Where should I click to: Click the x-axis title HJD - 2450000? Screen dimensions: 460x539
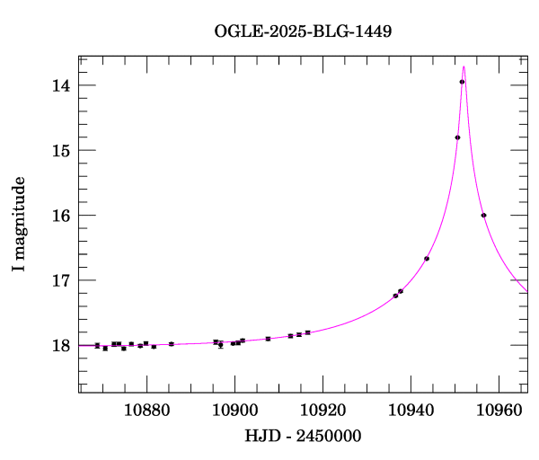pyautogui.click(x=303, y=436)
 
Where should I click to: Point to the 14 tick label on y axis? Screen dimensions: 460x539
pyautogui.click(x=62, y=86)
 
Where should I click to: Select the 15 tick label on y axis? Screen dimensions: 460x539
pyautogui.click(x=62, y=151)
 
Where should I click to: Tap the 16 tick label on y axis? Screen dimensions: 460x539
pyautogui.click(x=62, y=216)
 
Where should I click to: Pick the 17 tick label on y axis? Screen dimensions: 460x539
pyautogui.click(x=62, y=280)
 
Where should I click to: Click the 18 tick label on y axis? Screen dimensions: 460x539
pyautogui.click(x=62, y=346)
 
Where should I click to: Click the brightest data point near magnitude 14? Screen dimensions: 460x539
pyautogui.click(x=462, y=82)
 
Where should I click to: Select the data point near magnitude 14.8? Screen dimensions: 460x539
pyautogui.click(x=457, y=137)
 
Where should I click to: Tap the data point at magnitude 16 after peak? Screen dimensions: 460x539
pyautogui.click(x=483, y=216)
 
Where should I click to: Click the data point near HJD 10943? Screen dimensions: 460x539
pyautogui.click(x=427, y=259)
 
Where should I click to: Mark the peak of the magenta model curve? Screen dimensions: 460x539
pyautogui.click(x=464, y=66)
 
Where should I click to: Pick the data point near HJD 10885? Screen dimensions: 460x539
pyautogui.click(x=171, y=344)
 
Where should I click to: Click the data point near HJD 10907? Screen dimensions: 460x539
pyautogui.click(x=268, y=339)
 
